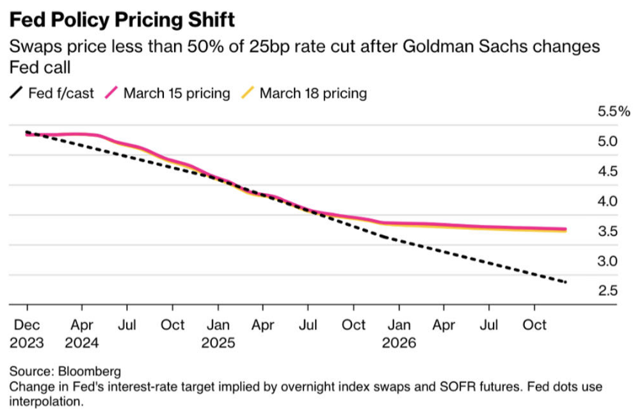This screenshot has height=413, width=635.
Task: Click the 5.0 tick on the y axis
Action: click(609, 142)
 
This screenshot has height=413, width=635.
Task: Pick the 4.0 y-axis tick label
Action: click(609, 201)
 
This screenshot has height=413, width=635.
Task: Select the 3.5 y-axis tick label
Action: click(609, 231)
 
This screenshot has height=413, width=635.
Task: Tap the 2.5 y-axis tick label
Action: click(609, 291)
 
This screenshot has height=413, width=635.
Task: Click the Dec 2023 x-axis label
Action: click(27, 334)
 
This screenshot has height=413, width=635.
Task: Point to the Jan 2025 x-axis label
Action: click(218, 334)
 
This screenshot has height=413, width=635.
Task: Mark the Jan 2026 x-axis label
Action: click(399, 334)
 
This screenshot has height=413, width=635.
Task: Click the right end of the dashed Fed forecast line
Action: click(566, 282)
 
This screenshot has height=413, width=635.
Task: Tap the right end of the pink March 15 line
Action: click(566, 229)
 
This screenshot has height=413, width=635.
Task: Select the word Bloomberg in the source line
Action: click(89, 371)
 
